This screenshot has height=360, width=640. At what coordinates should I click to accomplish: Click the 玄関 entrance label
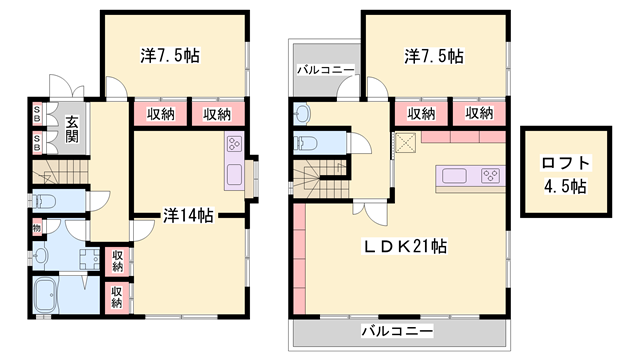pos(72,129)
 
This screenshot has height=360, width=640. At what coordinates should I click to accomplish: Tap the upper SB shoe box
pos(37,113)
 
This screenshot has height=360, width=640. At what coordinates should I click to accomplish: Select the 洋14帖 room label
pos(188,216)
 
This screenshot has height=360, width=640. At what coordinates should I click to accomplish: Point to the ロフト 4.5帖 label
pos(566,174)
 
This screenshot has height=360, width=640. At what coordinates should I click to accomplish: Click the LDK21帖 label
pos(405,246)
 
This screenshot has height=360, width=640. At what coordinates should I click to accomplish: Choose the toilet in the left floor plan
pos(44,201)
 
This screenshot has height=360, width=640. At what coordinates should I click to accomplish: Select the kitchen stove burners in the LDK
pos(491,176)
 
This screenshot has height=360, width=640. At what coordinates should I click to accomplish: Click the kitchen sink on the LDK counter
pos(454,176)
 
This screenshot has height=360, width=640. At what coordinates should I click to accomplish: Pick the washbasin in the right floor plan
pos(302,113)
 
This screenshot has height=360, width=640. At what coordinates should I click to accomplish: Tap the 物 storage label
pos(37,228)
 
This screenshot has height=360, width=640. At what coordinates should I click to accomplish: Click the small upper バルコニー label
pos(325,70)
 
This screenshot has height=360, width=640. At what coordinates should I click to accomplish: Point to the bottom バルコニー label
pos(397,331)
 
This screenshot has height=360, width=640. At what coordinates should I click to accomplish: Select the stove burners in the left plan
pos(234,144)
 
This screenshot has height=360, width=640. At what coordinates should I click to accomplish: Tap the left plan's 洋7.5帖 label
pos(170,55)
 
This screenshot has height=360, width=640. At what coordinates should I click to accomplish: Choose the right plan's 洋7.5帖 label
pos(434,56)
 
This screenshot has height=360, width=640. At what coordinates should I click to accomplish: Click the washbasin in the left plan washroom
pos(41,256)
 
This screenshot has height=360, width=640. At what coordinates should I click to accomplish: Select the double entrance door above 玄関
pos(67,87)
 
